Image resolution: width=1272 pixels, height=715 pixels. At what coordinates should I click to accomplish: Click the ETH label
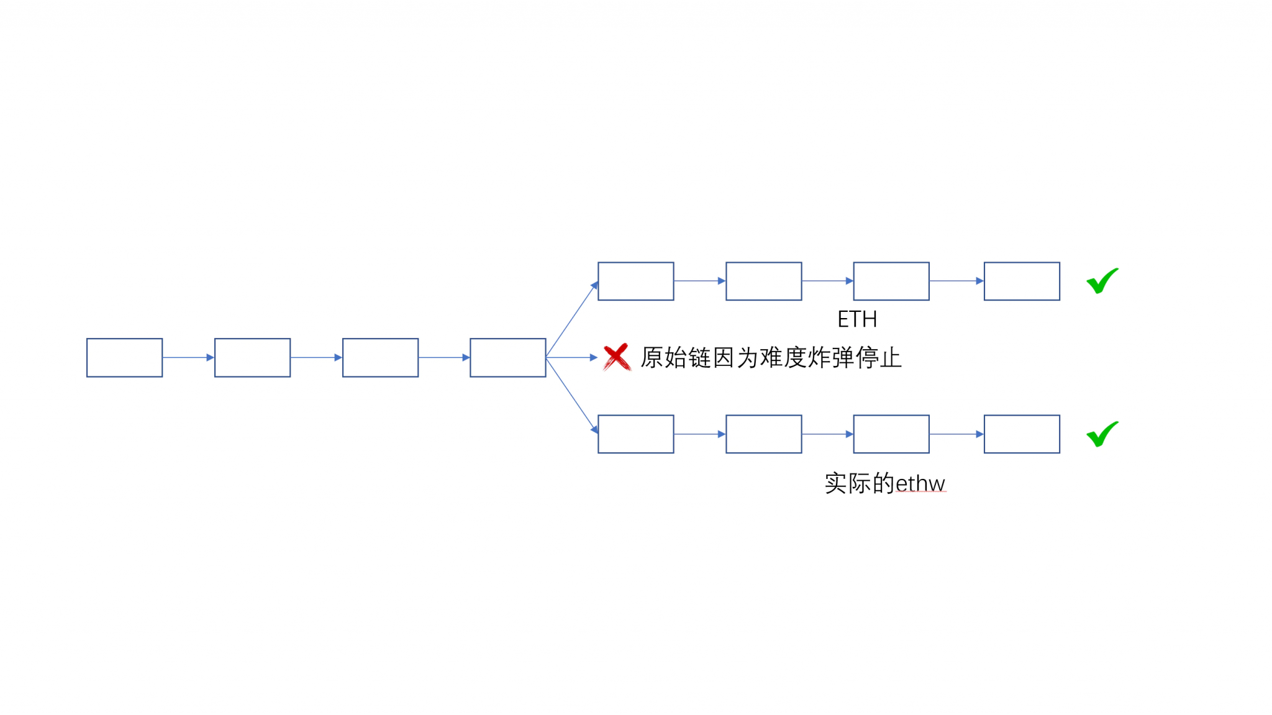[857, 319]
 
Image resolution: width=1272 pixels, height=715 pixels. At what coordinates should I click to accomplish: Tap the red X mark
[617, 357]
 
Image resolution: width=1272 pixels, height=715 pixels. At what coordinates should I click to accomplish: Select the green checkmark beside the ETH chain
[1102, 281]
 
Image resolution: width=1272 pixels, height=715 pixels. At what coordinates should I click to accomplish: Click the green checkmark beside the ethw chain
[1102, 434]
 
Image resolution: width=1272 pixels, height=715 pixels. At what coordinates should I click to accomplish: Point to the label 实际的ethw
[885, 483]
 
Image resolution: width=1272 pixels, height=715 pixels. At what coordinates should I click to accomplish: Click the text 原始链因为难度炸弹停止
[771, 358]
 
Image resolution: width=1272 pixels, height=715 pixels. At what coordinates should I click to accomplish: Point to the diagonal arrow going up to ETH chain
[572, 319]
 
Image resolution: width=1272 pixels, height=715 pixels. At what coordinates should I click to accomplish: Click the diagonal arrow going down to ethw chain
[572, 396]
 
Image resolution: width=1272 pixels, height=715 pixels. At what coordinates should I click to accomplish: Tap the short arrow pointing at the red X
[572, 358]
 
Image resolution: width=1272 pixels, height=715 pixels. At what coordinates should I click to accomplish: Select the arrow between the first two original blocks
[189, 358]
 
